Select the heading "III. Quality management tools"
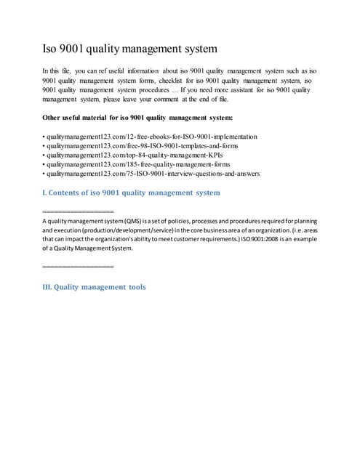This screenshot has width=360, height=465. click(x=95, y=287)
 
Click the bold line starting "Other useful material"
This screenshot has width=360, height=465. click(x=138, y=117)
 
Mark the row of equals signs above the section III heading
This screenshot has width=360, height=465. click(x=79, y=268)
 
